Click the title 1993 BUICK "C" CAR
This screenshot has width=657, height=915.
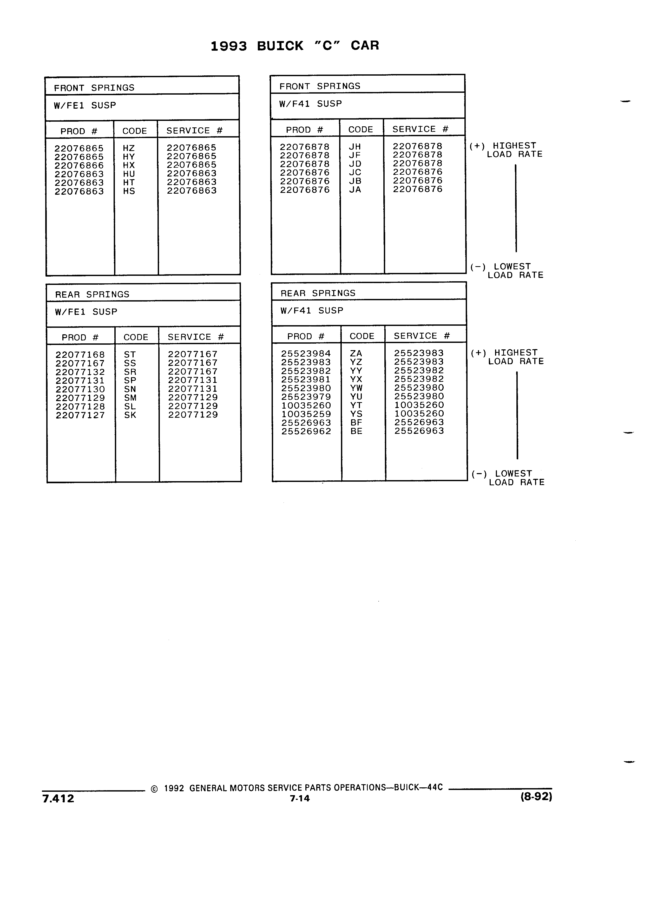[x=295, y=45]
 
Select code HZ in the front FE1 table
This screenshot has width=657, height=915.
[x=129, y=148]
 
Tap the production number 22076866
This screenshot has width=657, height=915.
[x=79, y=165]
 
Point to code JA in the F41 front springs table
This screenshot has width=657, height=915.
[x=355, y=189]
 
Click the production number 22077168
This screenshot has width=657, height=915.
[x=80, y=355]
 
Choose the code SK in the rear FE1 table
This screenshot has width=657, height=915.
[x=130, y=415]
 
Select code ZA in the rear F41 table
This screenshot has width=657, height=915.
[x=356, y=354]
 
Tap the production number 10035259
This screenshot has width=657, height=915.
[x=306, y=414]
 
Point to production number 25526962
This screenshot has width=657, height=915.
[x=306, y=431]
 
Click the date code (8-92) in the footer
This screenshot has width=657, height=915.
[x=536, y=797]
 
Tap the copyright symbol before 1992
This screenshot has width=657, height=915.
[x=154, y=789]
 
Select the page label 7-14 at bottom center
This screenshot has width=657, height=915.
[x=300, y=798]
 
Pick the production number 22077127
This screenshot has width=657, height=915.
[x=80, y=415]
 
